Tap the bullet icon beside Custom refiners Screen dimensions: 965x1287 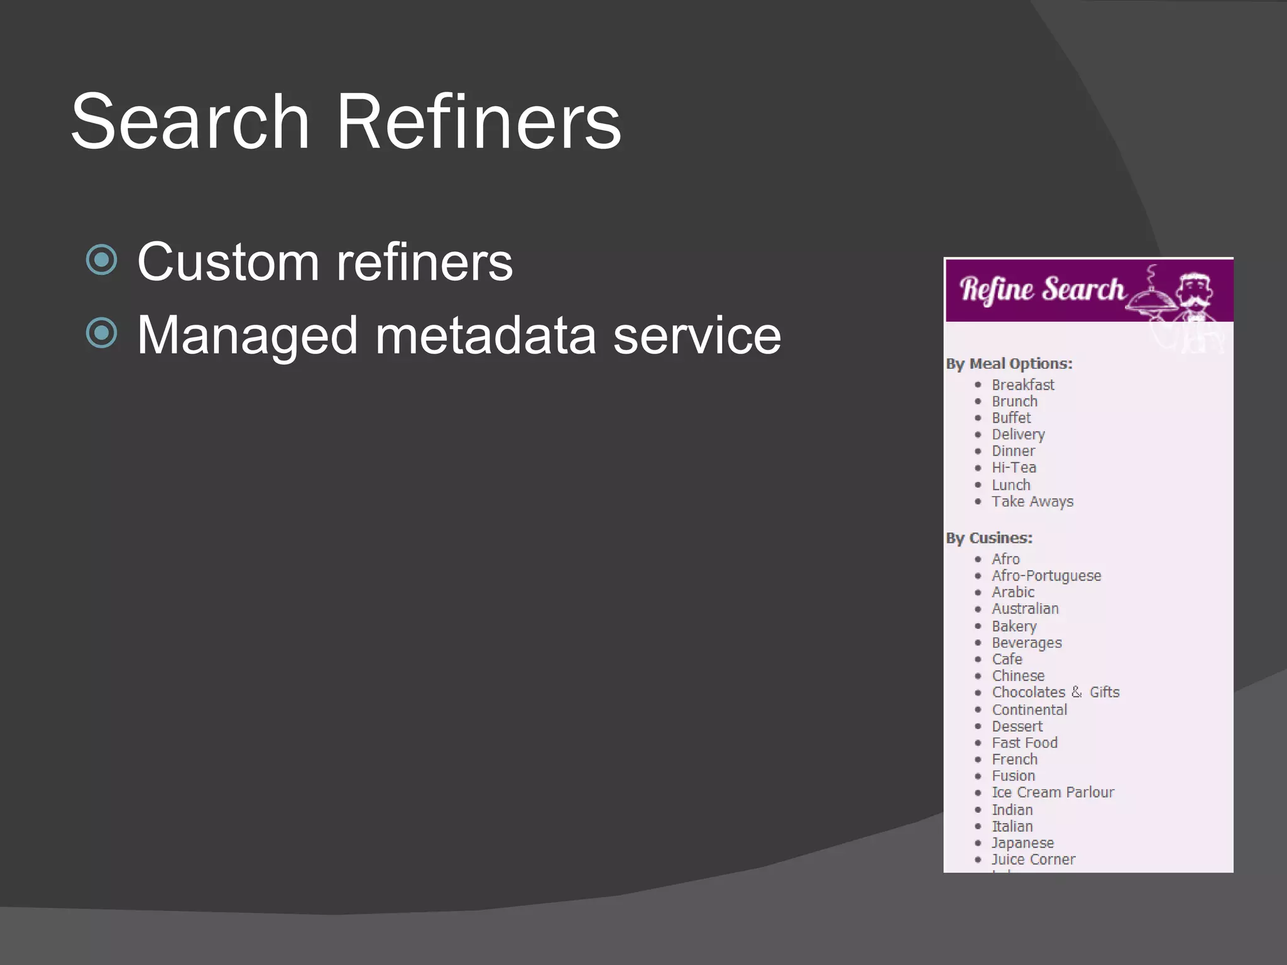pyautogui.click(x=101, y=259)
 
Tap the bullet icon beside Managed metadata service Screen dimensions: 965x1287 pyautogui.click(x=101, y=333)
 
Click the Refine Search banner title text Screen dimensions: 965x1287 pyautogui.click(x=1042, y=290)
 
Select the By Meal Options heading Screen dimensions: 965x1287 pyautogui.click(x=1009, y=364)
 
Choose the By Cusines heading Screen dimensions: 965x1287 pyautogui.click(x=989, y=538)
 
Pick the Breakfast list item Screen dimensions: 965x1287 pyautogui.click(x=1022, y=384)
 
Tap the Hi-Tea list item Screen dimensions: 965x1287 pyautogui.click(x=1014, y=467)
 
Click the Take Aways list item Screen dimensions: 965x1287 pyautogui.click(x=1032, y=501)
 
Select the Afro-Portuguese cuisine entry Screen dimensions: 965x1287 pyautogui.click(x=1046, y=575)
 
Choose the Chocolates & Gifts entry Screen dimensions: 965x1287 pyautogui.click(x=1056, y=692)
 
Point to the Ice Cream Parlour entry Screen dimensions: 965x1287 pyautogui.click(x=1053, y=792)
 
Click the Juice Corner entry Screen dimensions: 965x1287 pyautogui.click(x=1033, y=859)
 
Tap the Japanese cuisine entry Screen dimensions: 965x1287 pyautogui.click(x=1022, y=842)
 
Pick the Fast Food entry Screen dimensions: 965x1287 pyautogui.click(x=1024, y=743)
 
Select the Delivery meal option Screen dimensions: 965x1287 pyautogui.click(x=1018, y=434)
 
